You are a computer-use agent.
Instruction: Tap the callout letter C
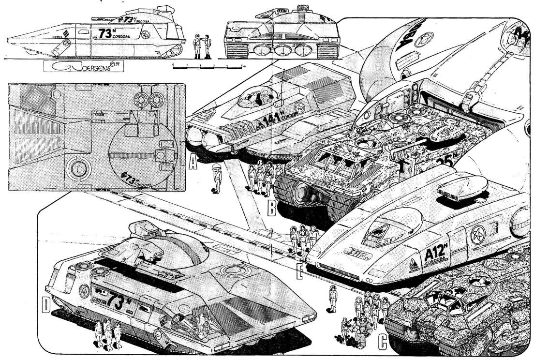coord(382,343)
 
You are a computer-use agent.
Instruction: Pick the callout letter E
coord(300,273)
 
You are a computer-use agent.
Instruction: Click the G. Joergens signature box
coord(83,67)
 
